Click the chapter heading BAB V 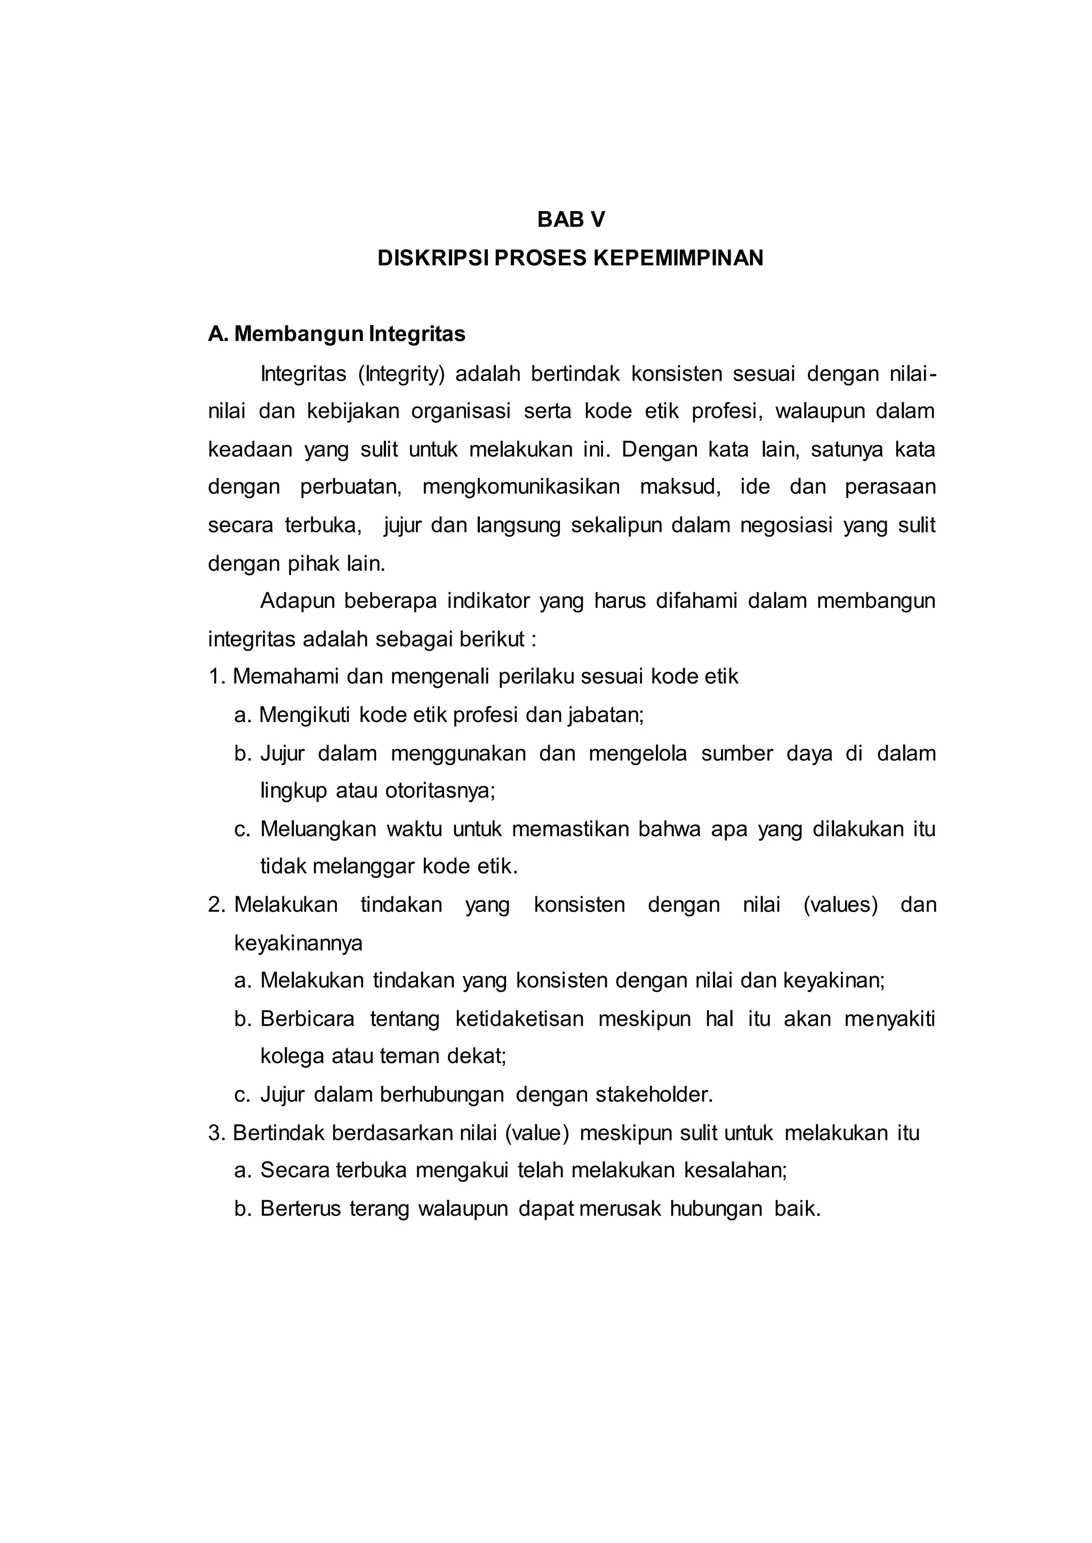571,220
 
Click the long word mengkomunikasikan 521,486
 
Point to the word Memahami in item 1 286,676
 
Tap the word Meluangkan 317,829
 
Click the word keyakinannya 298,943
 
